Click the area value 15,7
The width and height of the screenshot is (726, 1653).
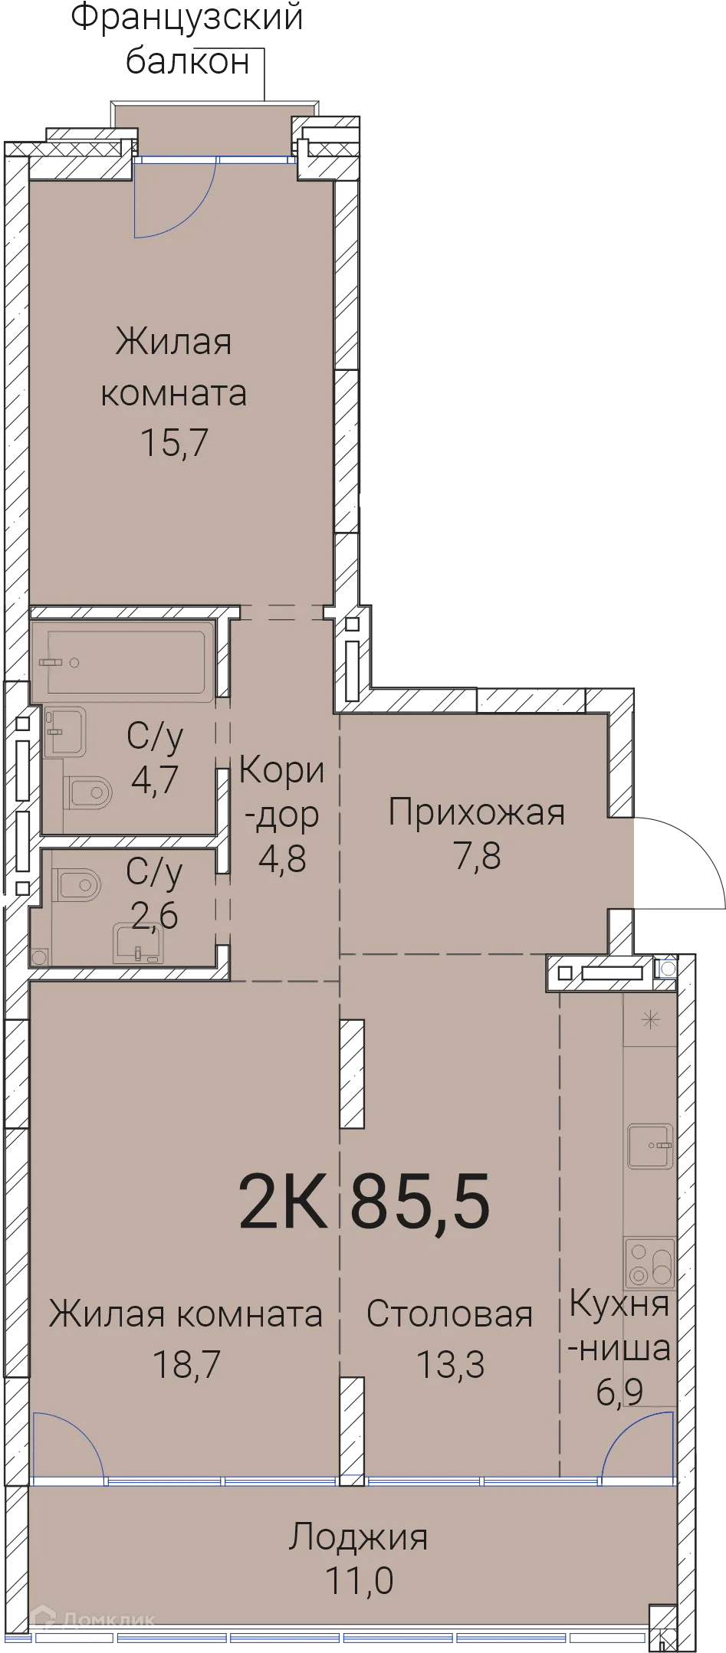point(174,442)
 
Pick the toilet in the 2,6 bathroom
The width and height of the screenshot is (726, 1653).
point(77,885)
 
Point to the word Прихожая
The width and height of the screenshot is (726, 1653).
point(476,812)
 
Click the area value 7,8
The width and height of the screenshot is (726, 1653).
point(478,855)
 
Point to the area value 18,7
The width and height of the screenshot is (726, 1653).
point(186,1363)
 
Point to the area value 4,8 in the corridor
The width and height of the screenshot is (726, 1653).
point(282,859)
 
